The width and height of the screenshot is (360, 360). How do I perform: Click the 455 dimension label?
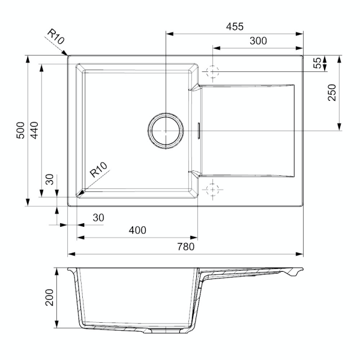point(235,26)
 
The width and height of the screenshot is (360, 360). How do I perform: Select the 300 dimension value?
point(258,41)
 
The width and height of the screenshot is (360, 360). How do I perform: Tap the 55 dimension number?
point(317,62)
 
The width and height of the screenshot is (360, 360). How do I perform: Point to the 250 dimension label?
point(332,92)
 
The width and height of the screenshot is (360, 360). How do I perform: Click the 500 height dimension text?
point(20,130)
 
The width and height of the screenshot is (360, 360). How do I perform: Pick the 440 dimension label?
point(34,130)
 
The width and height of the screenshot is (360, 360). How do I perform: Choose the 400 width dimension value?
point(137,230)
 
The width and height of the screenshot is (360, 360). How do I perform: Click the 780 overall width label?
point(186,247)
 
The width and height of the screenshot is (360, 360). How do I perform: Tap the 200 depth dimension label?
point(49,298)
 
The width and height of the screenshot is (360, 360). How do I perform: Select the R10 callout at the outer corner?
point(56,37)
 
